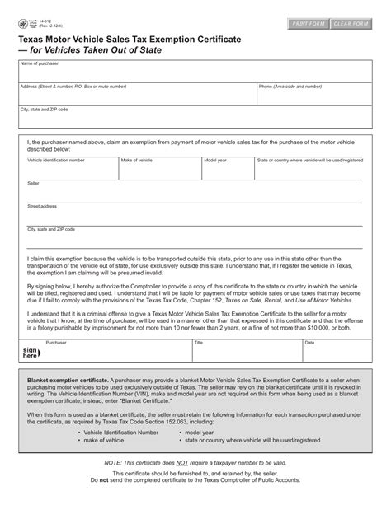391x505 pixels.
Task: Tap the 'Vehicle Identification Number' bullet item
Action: (120, 454)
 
